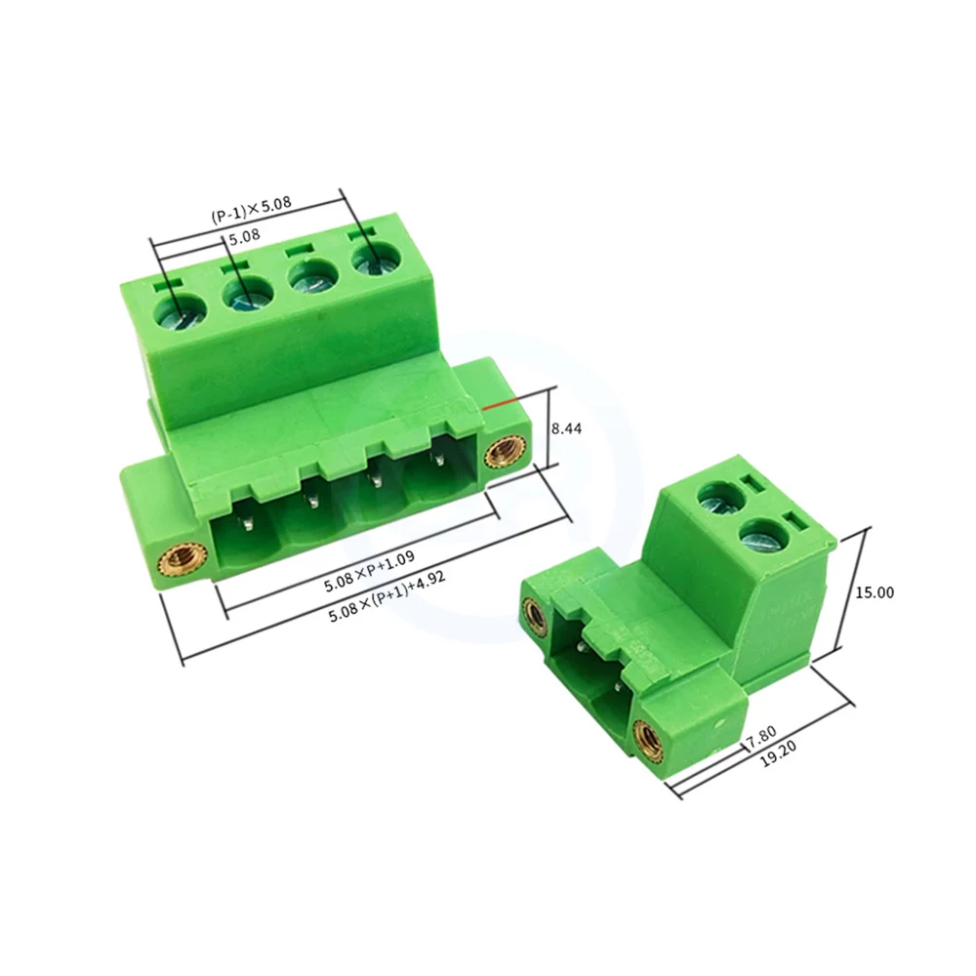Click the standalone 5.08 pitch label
[244, 237]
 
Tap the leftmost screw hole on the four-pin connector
[182, 312]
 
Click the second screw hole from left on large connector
[249, 294]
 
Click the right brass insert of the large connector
[504, 451]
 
